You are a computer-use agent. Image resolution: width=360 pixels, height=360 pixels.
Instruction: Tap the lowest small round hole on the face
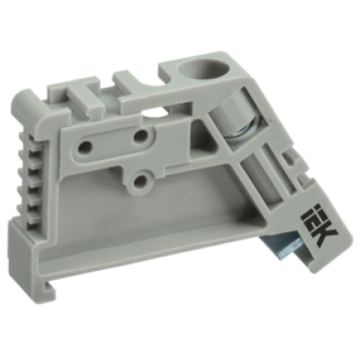tap(140, 181)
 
